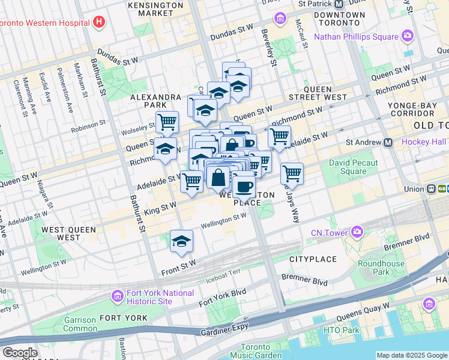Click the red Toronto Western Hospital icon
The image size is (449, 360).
coord(100,23)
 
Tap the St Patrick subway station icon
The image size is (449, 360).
coord(339,4)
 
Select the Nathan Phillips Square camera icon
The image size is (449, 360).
coord(408,37)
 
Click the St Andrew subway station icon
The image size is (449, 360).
coord(388,142)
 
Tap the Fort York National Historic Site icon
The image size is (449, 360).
coord(117,296)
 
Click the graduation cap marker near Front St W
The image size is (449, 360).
coord(181,241)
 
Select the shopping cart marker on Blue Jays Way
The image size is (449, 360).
coord(292,174)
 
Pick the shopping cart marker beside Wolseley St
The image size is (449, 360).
coord(167,122)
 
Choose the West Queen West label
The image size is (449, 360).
coord(61,233)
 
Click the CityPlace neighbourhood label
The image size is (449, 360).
coord(311,259)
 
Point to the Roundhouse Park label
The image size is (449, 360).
coord(381,268)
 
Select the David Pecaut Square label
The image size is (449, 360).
coord(353,167)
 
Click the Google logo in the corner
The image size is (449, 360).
coord(20,353)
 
